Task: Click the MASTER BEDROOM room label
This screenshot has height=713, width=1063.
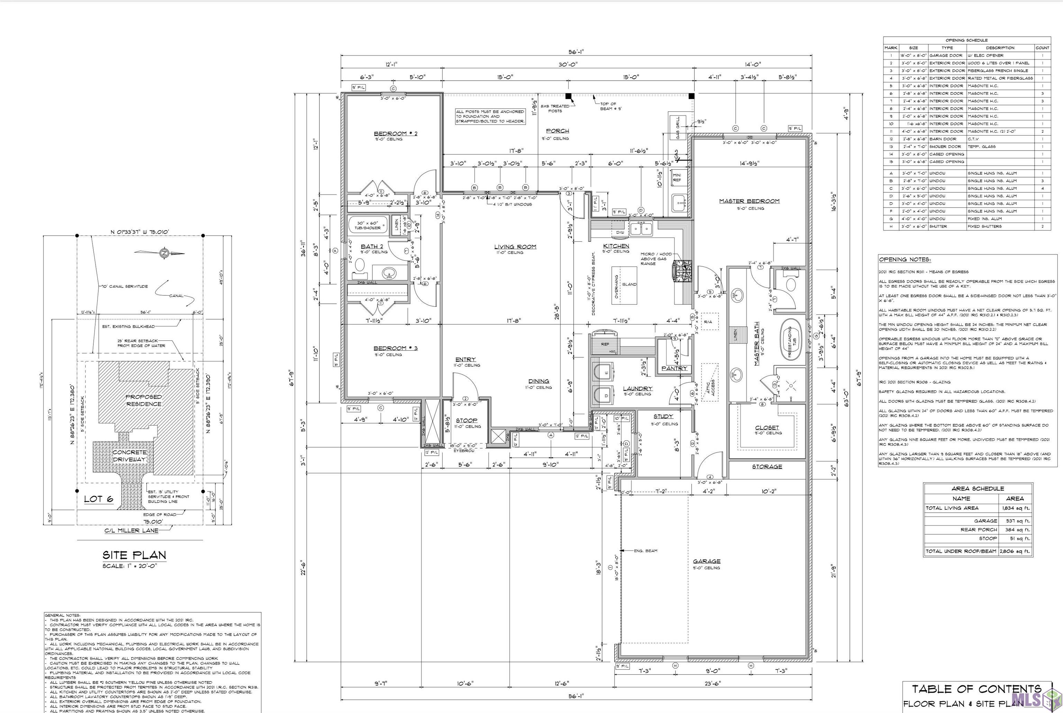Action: click(x=749, y=201)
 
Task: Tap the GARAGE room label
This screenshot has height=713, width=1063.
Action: click(x=706, y=561)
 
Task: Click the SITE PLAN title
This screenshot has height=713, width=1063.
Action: click(x=134, y=555)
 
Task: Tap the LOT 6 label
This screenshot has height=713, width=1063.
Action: click(x=99, y=499)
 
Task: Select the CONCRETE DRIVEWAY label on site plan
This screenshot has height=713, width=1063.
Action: click(x=129, y=456)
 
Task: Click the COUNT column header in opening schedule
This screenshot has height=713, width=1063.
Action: click(x=1042, y=48)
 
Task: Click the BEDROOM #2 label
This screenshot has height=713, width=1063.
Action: click(x=395, y=134)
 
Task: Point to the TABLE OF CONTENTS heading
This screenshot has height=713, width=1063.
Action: click(x=976, y=689)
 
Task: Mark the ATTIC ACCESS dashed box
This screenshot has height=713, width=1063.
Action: click(x=710, y=382)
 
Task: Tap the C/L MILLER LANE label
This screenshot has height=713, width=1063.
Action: click(x=131, y=531)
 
